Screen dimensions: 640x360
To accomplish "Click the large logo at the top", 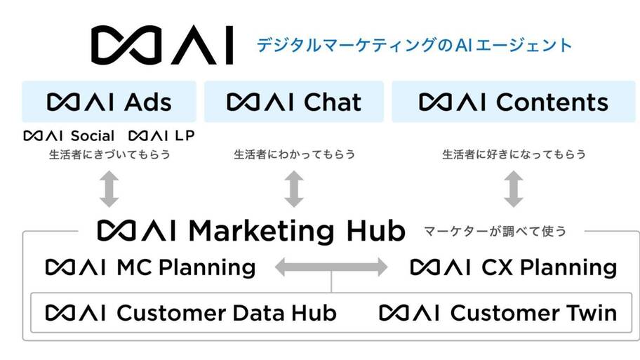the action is click(162, 45).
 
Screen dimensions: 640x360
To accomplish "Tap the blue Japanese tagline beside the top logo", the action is click(414, 45).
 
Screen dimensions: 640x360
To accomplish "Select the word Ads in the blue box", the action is click(148, 102).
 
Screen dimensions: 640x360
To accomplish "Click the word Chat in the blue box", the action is click(333, 102).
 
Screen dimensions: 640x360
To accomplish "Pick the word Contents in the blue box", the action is click(552, 102).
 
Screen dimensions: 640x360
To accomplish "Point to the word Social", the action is click(92, 135).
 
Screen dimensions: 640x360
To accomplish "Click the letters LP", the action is click(185, 135).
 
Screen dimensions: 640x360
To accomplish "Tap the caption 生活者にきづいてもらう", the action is click(109, 154).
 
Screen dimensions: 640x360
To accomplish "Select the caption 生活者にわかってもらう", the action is click(294, 154).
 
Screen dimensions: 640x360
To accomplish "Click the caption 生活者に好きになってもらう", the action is click(514, 154).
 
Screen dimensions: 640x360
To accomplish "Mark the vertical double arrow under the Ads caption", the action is click(109, 189).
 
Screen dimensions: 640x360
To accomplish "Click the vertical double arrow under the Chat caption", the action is click(294, 189).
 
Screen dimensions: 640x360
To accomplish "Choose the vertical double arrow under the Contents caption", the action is click(514, 189).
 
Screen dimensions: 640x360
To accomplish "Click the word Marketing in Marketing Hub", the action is click(261, 232).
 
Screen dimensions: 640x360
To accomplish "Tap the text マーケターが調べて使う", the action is click(495, 232).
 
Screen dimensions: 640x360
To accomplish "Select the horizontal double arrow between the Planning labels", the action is click(331, 267).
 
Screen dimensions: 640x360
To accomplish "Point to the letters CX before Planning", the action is click(497, 268).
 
